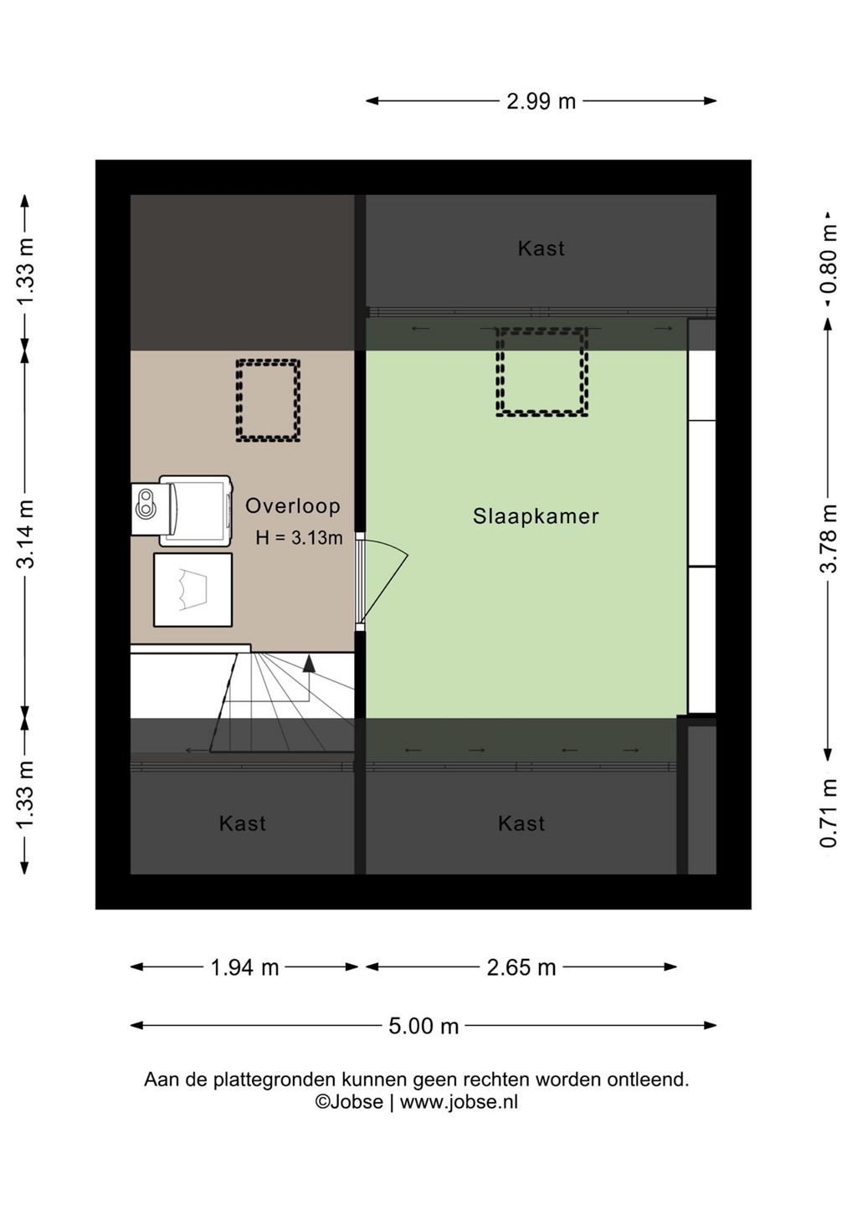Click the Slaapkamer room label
[x=535, y=516]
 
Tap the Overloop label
[x=293, y=505]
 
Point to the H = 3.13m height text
[x=299, y=538]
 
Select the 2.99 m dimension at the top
[x=541, y=101]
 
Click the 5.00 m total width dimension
[x=423, y=1026]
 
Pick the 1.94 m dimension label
[x=244, y=967]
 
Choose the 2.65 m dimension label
[x=521, y=967]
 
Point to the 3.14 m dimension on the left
[x=25, y=534]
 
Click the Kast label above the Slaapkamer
[x=541, y=249]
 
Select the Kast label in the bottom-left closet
[x=242, y=823]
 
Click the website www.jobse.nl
[x=459, y=1102]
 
